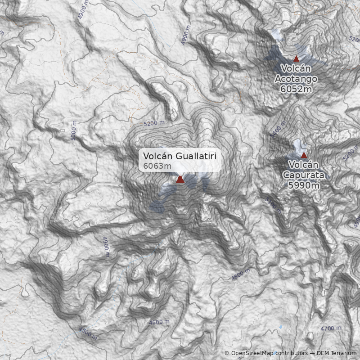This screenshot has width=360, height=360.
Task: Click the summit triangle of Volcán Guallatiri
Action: (180, 180)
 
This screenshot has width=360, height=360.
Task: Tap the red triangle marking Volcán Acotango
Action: (296, 58)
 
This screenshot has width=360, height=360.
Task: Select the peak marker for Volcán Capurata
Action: (304, 155)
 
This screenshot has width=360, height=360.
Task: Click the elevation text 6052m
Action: (296, 89)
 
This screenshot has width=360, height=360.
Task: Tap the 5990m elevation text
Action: (304, 185)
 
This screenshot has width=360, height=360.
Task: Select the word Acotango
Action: (296, 79)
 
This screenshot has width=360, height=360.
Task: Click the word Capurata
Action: (304, 175)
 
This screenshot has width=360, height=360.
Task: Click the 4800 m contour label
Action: (241, 275)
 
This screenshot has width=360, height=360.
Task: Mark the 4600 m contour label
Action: (159, 322)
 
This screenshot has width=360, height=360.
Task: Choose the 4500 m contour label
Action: (88, 333)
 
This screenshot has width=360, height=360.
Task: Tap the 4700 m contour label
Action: (331, 328)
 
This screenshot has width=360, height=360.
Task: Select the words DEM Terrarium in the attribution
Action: (337, 354)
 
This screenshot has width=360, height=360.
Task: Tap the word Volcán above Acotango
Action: (296, 68)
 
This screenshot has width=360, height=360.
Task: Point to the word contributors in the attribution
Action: (291, 354)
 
